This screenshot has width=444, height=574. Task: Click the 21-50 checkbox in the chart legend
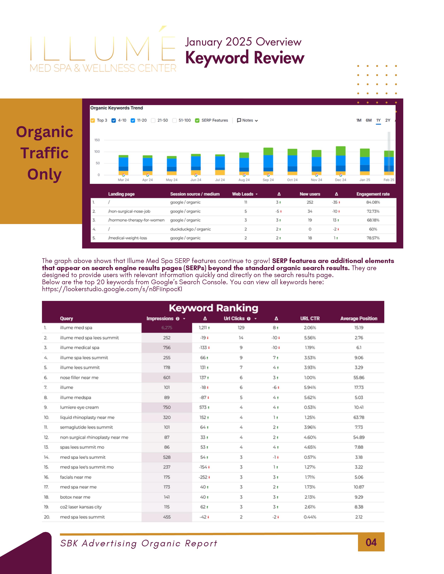pos(153,120)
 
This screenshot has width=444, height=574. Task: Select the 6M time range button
pos(368,120)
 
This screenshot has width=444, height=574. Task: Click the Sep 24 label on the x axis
pos(268,180)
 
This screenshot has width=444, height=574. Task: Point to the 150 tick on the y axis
pos(97,140)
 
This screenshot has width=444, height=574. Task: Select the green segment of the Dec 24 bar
pos(341,151)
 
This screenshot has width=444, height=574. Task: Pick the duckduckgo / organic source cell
pos(190,229)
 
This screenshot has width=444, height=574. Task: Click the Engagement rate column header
pos(373,194)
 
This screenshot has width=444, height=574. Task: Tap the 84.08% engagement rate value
pos(373,202)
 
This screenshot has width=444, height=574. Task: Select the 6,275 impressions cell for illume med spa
pos(167,328)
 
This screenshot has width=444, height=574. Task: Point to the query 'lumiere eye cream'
pos(79,407)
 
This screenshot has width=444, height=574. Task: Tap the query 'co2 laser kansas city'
pos(81,507)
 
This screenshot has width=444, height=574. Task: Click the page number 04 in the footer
pos(371,543)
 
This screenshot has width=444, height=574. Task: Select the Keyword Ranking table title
pos(213,308)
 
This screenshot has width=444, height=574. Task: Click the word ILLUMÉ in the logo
pos(103,49)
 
